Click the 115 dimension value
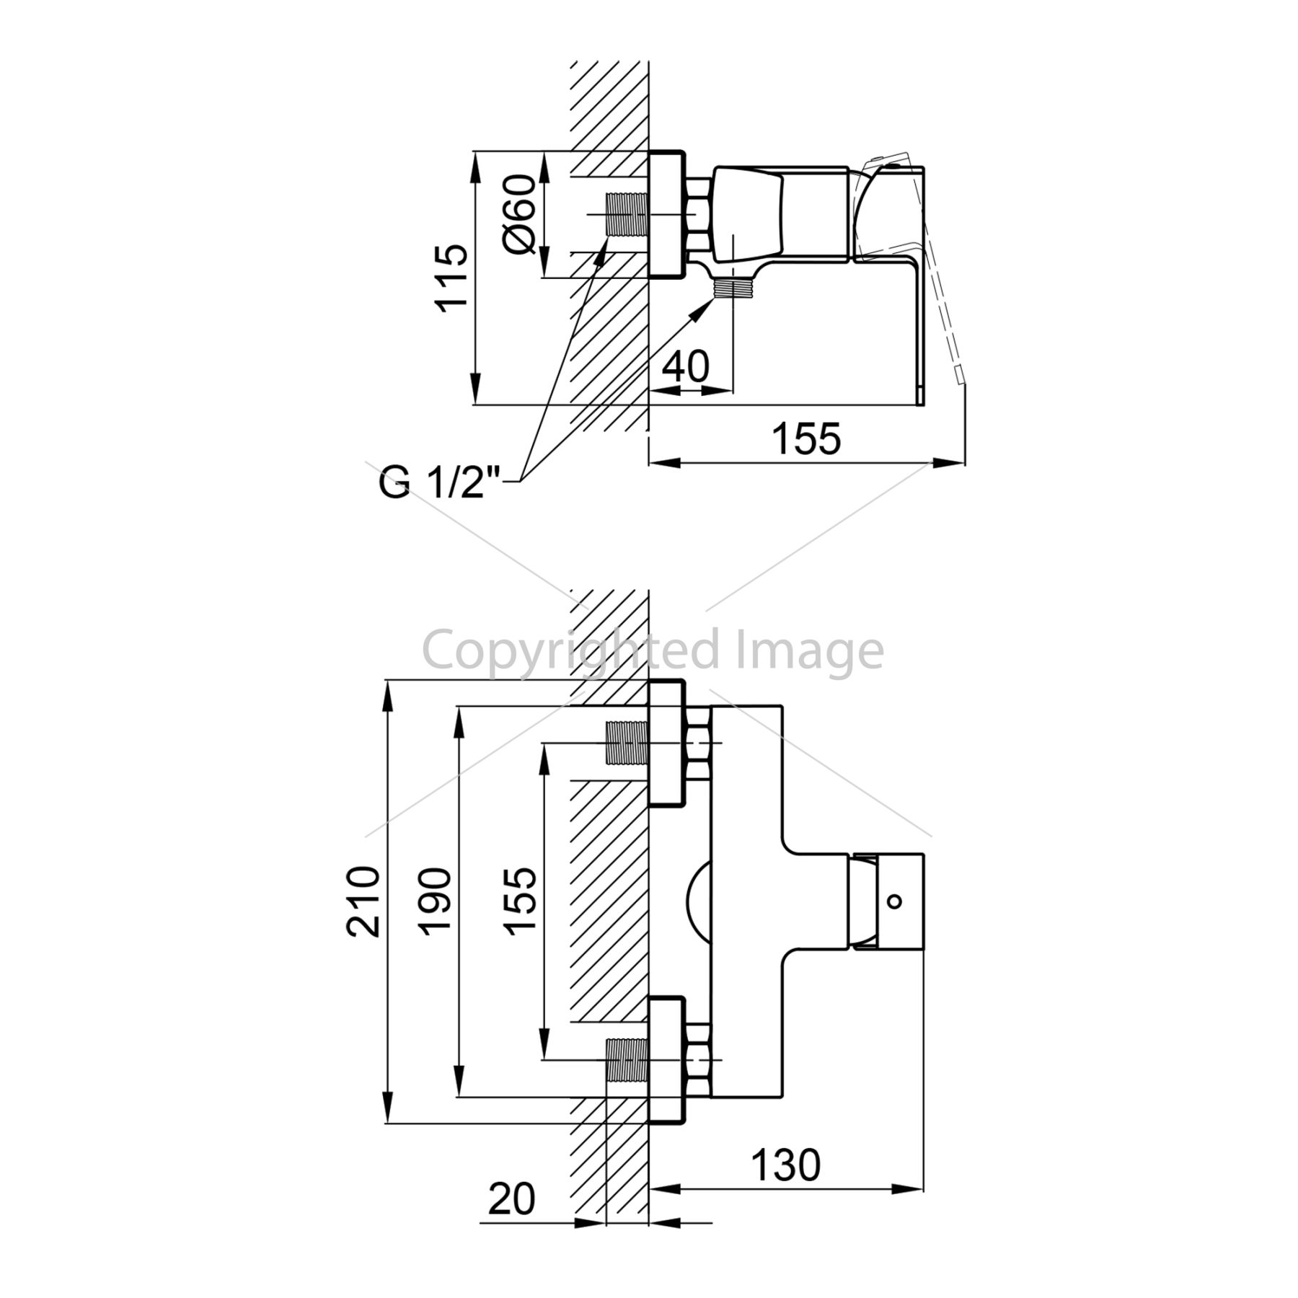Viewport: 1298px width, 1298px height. [x=451, y=277]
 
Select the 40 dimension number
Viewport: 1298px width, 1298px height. [x=685, y=366]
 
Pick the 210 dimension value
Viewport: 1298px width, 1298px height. [x=363, y=901]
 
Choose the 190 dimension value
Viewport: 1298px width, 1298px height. [x=436, y=901]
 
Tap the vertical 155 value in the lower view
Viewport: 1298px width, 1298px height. [x=521, y=901]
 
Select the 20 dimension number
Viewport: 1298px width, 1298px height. [x=512, y=1199]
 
